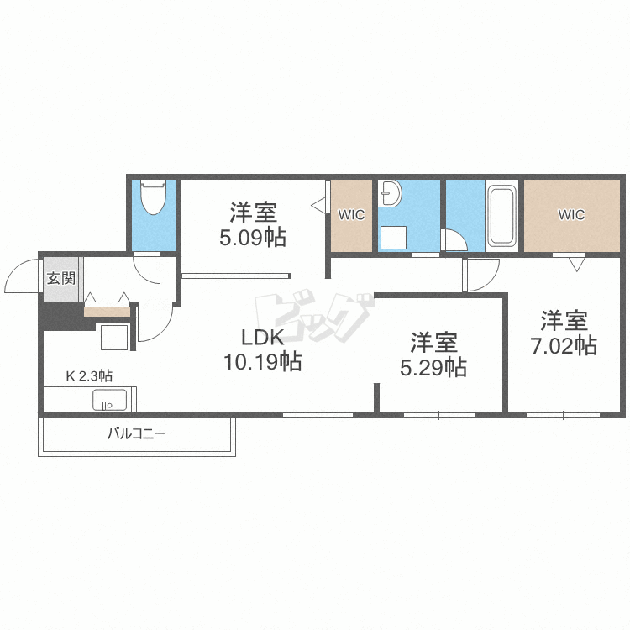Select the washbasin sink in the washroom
[x=389, y=193]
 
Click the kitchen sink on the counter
[x=110, y=400]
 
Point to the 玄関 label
[x=61, y=278]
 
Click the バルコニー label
[x=137, y=434]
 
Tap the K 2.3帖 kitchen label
[x=89, y=376]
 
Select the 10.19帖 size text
[x=262, y=361]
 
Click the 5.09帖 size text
[x=253, y=237]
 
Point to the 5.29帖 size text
[x=433, y=367]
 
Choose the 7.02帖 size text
[x=564, y=345]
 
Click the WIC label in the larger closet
[x=571, y=215]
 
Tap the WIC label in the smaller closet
[x=352, y=215]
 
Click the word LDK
[x=262, y=338]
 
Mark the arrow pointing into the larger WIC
[x=576, y=265]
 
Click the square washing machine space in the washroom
[x=393, y=238]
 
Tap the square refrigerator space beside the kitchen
[x=114, y=337]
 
